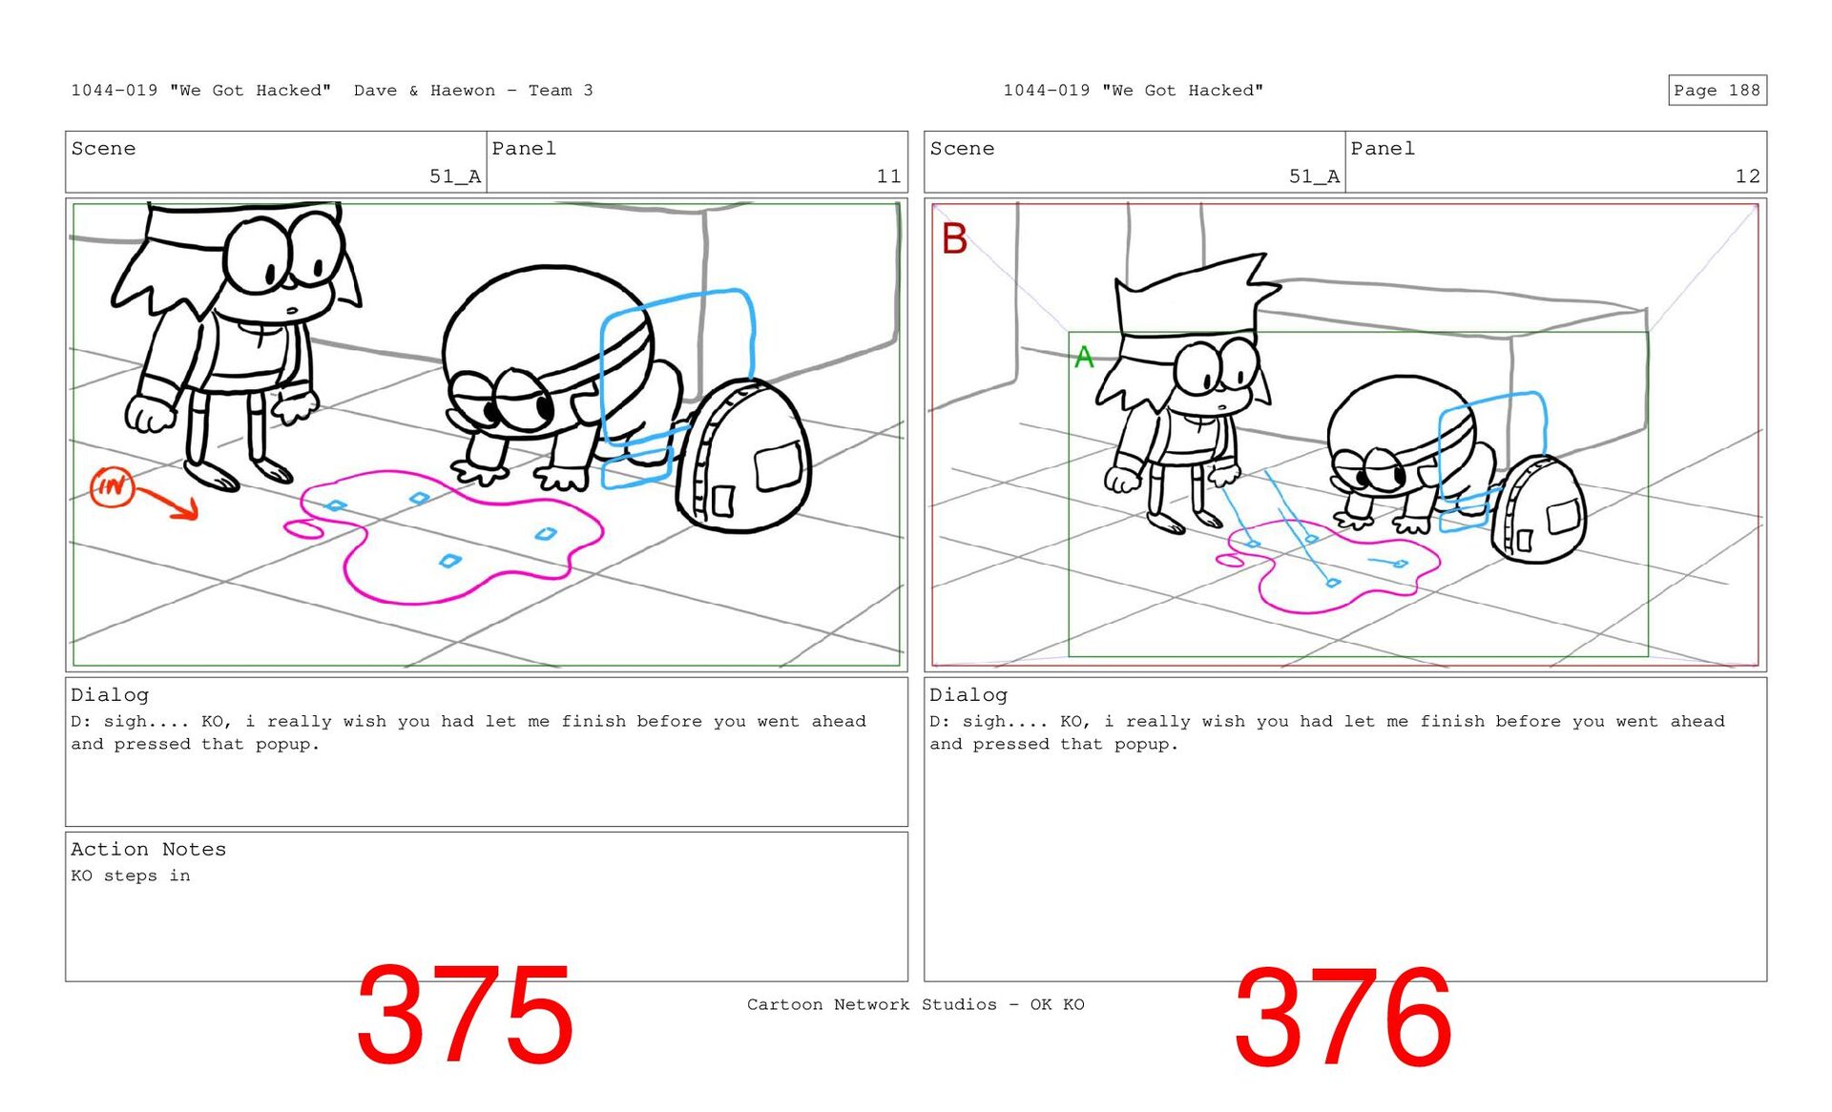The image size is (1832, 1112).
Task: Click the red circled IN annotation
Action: click(112, 486)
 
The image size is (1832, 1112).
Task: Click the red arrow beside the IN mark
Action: click(169, 502)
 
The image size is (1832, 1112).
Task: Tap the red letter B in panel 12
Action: click(954, 238)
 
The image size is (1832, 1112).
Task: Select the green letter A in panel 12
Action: click(1084, 358)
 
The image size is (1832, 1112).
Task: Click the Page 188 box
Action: click(1717, 90)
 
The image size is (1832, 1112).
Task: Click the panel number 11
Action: click(888, 176)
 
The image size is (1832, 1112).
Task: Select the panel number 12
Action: click(1747, 176)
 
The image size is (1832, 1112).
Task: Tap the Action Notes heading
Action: click(148, 849)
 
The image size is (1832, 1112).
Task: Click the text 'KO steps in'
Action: click(131, 875)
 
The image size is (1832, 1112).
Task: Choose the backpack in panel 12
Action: click(1538, 508)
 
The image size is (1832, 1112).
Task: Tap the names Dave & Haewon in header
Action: click(425, 91)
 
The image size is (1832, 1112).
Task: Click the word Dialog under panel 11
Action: click(110, 695)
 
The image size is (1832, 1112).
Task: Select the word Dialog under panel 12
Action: click(968, 695)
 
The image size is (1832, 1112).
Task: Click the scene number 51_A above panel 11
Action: click(455, 176)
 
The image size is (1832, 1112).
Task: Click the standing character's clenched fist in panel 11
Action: click(150, 414)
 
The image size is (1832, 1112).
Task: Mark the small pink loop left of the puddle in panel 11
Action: click(304, 528)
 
